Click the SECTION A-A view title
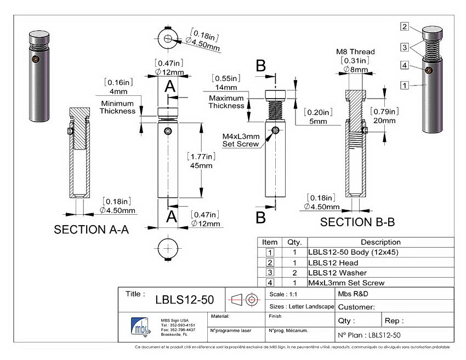pyautogui.click(x=91, y=230)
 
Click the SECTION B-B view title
pyautogui.click(x=357, y=222)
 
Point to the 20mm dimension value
pyautogui.click(x=384, y=121)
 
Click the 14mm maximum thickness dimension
pyautogui.click(x=226, y=87)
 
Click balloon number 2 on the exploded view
pyautogui.click(x=404, y=26)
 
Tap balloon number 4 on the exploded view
pyautogui.click(x=404, y=66)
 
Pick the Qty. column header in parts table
pyautogui.click(x=291, y=242)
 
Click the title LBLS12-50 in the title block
pyautogui.click(x=184, y=300)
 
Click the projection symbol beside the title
pyautogui.click(x=244, y=300)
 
